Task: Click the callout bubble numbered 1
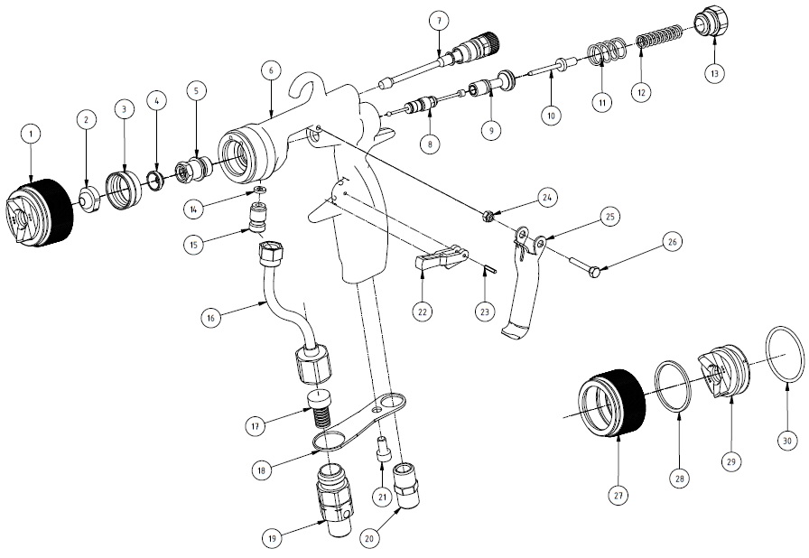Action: coord(31,134)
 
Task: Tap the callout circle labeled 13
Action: coord(714,74)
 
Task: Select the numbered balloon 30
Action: coord(787,441)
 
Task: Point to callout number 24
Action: coord(547,198)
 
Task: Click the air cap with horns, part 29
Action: coord(722,370)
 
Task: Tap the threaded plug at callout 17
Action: coord(319,408)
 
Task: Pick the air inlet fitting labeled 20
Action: coord(408,485)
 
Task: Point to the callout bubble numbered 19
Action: coord(273,539)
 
